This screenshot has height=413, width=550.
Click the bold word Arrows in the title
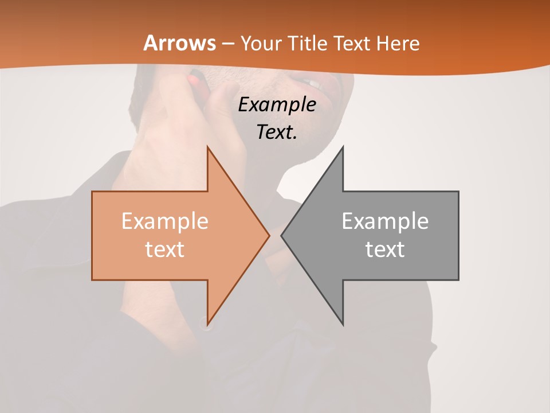coord(180,43)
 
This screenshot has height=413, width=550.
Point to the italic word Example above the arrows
coord(277,105)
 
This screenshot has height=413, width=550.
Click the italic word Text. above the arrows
coord(277,133)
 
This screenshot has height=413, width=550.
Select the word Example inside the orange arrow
coord(164,221)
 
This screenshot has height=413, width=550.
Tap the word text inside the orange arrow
coord(164,249)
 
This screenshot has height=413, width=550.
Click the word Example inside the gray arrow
coord(385,221)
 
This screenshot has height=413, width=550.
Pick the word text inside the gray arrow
coord(385,249)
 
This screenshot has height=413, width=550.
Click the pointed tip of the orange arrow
coord(269,235)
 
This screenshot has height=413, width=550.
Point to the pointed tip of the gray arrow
coord(282,235)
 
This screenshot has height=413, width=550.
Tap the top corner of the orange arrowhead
coord(207,147)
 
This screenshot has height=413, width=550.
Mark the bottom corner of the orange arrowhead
coord(207,324)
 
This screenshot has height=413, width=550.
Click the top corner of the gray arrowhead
coord(343,147)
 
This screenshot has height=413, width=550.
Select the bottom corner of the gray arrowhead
coord(343,324)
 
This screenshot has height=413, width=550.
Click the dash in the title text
coord(227,44)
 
